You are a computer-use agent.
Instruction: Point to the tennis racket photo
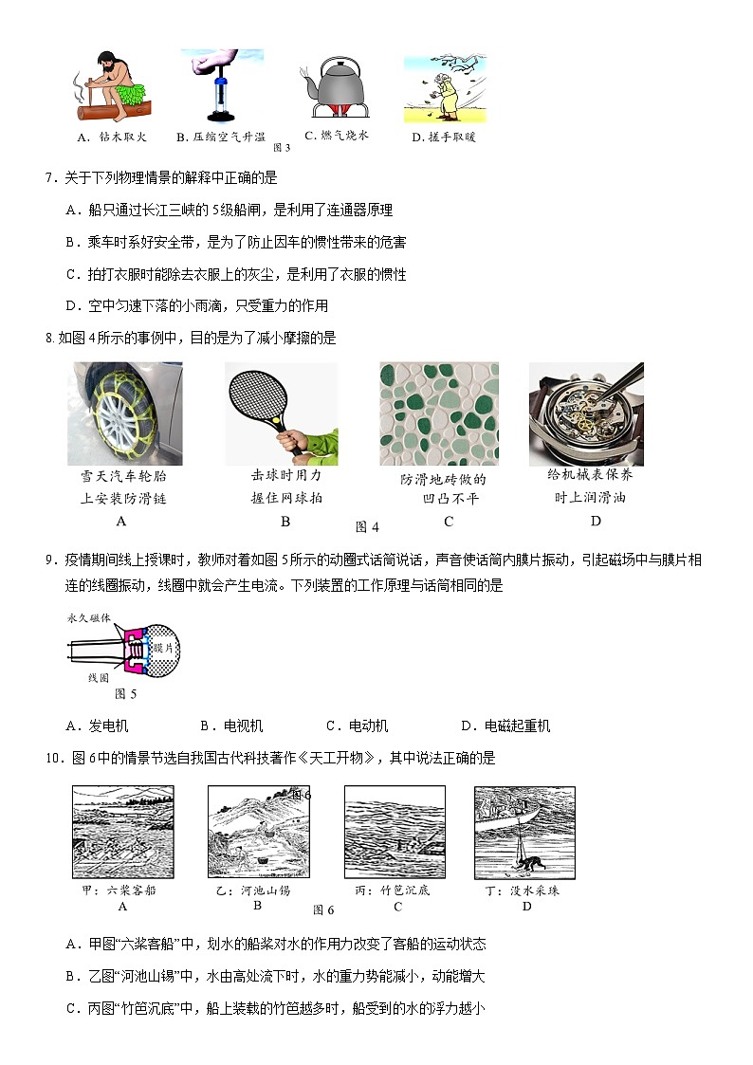tap(281, 414)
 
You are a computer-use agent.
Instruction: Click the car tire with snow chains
tap(124, 413)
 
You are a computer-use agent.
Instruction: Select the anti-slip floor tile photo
tap(439, 413)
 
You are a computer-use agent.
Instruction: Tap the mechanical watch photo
tap(585, 413)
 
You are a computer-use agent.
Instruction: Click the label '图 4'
tap(367, 527)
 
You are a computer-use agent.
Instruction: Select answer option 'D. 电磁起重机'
tap(505, 726)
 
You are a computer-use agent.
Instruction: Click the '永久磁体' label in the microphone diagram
tap(88, 617)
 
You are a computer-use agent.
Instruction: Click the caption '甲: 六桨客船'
tap(122, 891)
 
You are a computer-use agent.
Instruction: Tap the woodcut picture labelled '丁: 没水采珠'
tap(524, 834)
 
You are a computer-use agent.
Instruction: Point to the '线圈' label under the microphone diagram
tap(99, 678)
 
